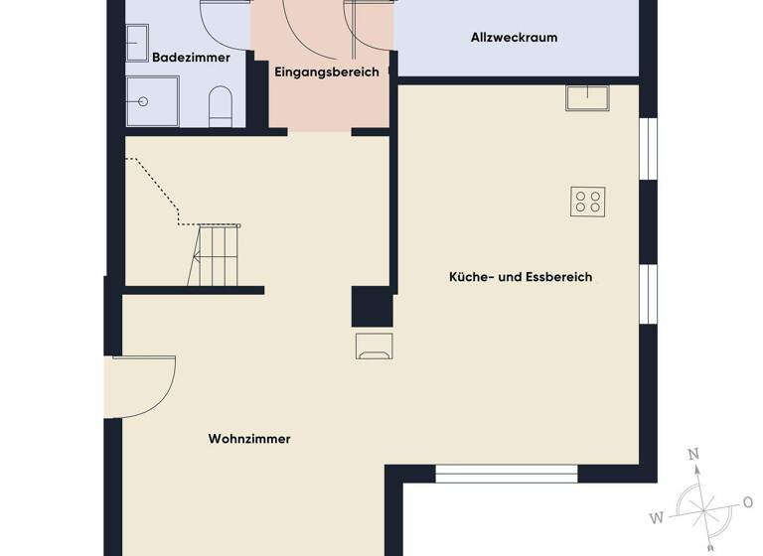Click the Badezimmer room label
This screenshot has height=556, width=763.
click(x=191, y=58)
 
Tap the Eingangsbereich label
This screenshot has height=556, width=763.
click(x=326, y=71)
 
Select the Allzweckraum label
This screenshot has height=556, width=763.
click(x=514, y=38)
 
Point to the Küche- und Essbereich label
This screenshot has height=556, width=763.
click(x=521, y=277)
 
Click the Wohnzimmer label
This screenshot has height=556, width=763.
click(x=249, y=439)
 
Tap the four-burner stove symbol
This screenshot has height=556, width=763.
click(x=588, y=202)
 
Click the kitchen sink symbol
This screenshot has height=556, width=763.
click(x=587, y=97)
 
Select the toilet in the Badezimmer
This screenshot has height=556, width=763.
click(x=221, y=106)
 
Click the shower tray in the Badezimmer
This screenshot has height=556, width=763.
click(x=152, y=101)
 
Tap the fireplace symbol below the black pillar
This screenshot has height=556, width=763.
click(x=374, y=346)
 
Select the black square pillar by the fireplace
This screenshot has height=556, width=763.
click(x=372, y=307)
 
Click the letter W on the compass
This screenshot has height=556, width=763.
click(x=657, y=516)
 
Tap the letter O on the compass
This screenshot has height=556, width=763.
click(x=747, y=501)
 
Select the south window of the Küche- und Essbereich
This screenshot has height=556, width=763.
click(x=507, y=473)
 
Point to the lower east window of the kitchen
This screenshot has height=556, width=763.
click(x=648, y=294)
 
